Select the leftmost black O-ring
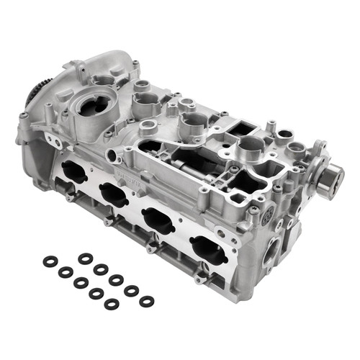[50, 261]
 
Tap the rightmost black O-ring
[147, 301]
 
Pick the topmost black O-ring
[86, 258]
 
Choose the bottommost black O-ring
[112, 304]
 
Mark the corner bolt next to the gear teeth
[24, 115]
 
